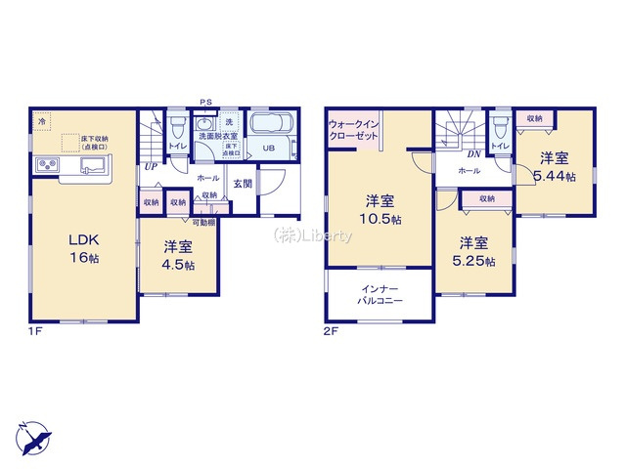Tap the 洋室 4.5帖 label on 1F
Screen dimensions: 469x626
177,255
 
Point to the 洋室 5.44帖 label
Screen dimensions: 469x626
554,166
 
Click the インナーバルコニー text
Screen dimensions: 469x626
380,294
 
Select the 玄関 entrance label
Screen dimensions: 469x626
244,183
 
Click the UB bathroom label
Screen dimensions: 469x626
267,149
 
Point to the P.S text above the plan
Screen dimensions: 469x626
205,102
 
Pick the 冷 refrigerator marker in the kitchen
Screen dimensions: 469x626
42,121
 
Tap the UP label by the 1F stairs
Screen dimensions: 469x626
152,167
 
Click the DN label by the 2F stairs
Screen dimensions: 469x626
472,153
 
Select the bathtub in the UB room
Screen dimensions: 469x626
278,126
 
